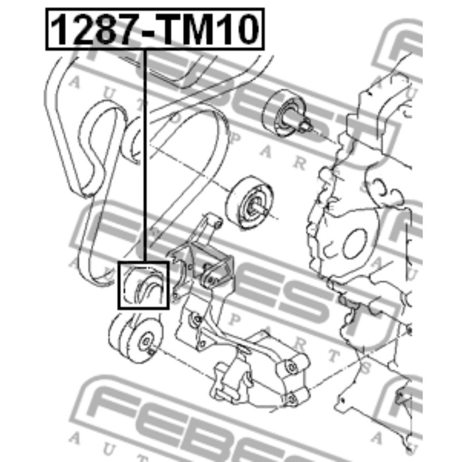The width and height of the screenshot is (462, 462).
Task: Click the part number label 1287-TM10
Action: tap(155, 29)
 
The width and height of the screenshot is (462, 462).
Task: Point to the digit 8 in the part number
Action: tap(102, 30)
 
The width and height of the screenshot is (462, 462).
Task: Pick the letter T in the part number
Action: tap(172, 30)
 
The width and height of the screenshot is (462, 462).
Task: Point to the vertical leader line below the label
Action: tap(145, 156)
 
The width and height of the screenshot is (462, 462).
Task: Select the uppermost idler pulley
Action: tap(284, 114)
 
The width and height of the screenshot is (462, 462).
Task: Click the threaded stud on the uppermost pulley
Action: tap(306, 125)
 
